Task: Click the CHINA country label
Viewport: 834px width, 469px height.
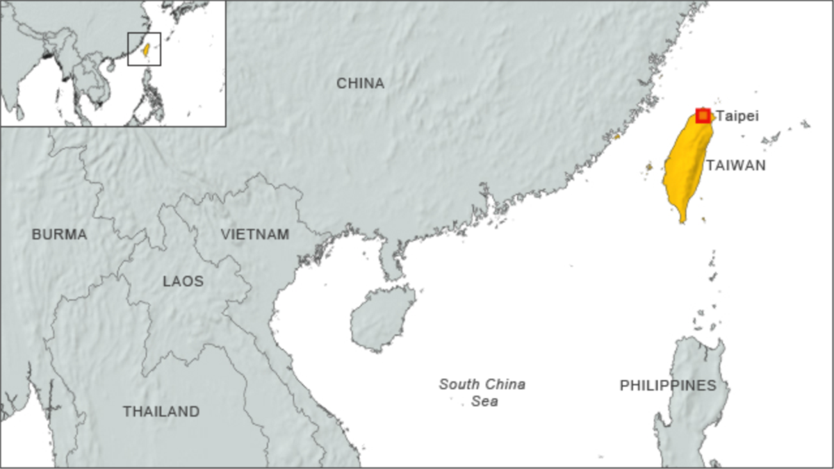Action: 360,83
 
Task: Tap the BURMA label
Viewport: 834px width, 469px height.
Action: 59,235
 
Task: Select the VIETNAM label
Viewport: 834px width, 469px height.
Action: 254,235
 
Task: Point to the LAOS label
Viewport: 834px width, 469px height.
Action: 183,281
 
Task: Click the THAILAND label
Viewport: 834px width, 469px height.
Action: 161,411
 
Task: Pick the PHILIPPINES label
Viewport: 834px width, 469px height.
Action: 667,385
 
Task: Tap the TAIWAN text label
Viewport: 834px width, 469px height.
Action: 735,165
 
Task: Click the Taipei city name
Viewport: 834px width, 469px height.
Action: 737,116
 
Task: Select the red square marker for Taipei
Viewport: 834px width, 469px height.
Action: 703,115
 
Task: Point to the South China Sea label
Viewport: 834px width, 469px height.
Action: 482,393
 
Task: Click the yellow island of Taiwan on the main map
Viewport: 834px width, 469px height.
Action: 685,167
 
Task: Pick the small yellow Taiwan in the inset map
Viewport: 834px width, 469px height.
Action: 145,49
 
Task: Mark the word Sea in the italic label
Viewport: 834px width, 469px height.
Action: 484,402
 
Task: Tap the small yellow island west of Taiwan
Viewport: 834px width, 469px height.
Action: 648,167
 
